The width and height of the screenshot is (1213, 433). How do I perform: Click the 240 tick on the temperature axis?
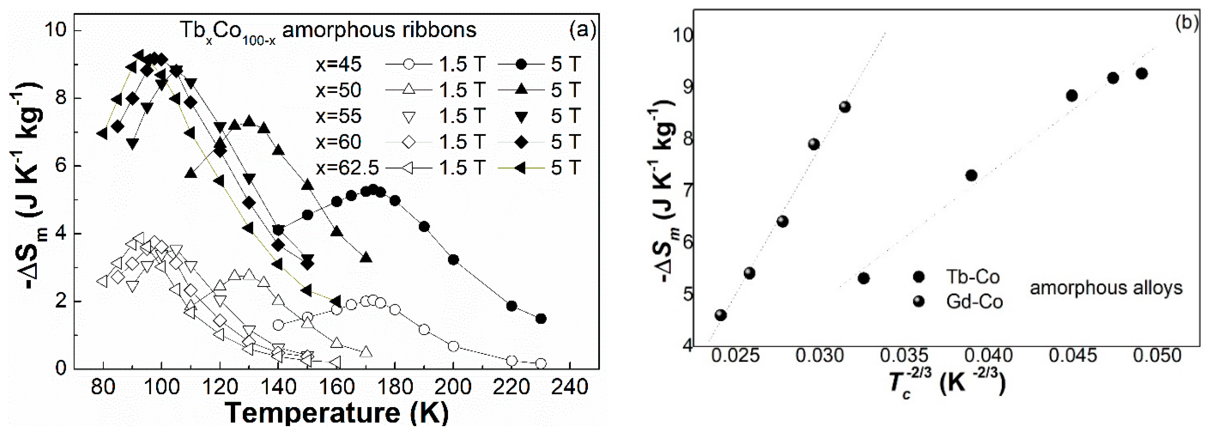(569, 387)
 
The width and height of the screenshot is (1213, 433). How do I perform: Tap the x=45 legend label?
(338, 64)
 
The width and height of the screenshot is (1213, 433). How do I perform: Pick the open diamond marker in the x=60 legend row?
(409, 142)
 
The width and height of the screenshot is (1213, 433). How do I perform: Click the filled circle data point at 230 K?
(541, 319)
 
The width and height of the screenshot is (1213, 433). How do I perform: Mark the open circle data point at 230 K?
(541, 363)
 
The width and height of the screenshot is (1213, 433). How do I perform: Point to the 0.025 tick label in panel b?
(735, 355)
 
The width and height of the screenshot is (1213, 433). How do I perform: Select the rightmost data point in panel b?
(1141, 73)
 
